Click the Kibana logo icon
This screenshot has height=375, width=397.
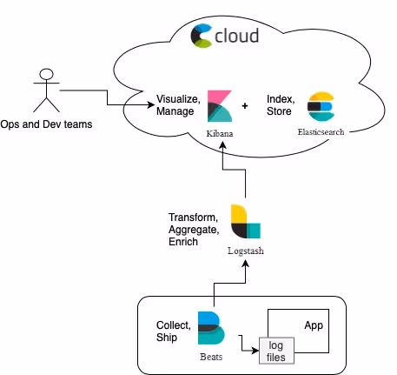pos(220,106)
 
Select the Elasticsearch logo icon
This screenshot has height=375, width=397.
pos(321,106)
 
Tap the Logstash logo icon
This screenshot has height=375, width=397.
pos(246,221)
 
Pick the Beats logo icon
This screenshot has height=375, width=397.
pos(211,328)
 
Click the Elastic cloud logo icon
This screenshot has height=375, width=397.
pos(202,36)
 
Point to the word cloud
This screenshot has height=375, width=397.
pos(236,36)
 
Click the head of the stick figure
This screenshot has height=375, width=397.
pos(46,74)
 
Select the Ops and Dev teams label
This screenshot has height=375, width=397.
pos(46,124)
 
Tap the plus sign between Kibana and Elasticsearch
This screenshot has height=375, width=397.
pos(245,106)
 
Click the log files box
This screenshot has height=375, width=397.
pos(276,351)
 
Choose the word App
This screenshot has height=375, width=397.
pos(314,325)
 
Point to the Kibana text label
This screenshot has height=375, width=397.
pos(220,133)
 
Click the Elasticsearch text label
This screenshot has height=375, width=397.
pos(321,132)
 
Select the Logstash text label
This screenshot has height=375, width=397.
pos(246,251)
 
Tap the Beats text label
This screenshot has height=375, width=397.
pos(211,357)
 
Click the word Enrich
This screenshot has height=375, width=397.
pos(183,242)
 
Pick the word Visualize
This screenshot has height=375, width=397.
pos(178,99)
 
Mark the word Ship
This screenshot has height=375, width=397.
pos(167,338)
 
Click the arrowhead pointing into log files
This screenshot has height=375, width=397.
pos(255,351)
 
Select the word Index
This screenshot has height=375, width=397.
pos(281,99)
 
